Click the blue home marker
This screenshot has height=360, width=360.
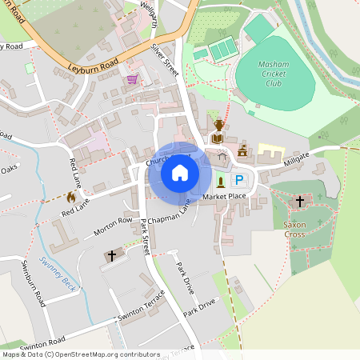tap(180, 172)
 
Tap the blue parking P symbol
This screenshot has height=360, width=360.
tap(238, 182)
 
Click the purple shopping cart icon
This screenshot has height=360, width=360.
tap(132, 79)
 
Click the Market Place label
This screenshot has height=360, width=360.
tap(224, 196)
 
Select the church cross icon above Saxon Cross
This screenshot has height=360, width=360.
tap(300, 201)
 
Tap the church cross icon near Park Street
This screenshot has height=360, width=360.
tap(111, 256)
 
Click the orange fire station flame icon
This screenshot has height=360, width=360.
tap(71, 196)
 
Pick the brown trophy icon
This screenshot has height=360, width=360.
tap(218, 125)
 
